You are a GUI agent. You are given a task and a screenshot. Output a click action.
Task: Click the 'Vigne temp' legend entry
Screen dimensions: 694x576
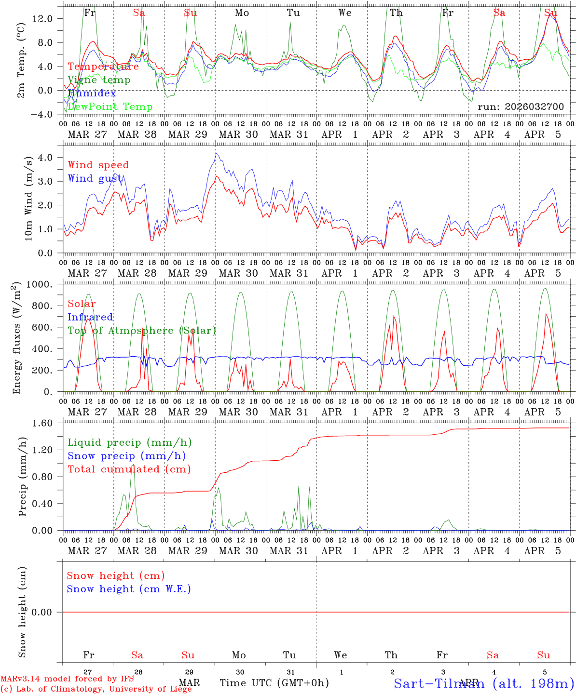point(99,80)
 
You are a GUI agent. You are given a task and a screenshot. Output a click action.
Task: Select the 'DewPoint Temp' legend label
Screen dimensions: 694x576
point(110,107)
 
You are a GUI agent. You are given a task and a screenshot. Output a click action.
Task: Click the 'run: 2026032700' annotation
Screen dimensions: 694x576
point(521,107)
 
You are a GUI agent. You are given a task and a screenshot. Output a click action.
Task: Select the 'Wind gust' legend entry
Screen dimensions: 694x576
point(95,178)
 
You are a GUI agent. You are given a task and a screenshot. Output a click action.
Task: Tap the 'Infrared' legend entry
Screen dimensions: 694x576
point(90,317)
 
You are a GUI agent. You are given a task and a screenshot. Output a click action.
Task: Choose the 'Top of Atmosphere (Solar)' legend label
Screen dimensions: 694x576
point(142,331)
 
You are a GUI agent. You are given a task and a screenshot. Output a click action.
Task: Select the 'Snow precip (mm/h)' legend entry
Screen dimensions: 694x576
point(126,456)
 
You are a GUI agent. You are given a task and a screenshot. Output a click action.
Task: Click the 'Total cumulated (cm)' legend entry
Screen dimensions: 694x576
point(129,469)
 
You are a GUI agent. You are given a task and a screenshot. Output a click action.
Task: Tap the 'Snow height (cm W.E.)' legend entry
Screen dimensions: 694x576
point(129,589)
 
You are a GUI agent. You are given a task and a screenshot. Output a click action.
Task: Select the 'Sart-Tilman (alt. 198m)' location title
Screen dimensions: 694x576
point(483,683)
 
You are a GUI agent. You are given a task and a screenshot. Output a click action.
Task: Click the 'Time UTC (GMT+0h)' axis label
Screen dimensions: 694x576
point(274,683)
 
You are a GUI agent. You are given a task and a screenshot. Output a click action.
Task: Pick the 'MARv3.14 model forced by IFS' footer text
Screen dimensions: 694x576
point(67,679)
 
